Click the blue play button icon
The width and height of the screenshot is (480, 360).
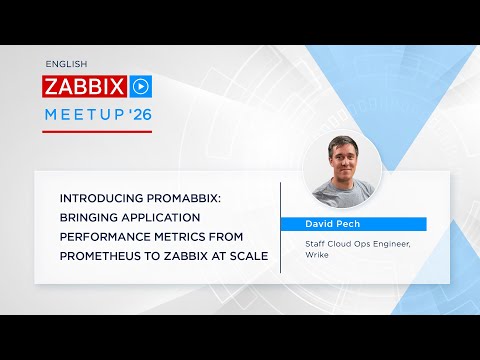pos(141,85)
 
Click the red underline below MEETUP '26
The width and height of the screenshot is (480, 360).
pos(98,132)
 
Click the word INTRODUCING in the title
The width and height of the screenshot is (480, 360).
pos(107,198)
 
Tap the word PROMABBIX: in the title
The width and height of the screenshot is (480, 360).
pos(190,198)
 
